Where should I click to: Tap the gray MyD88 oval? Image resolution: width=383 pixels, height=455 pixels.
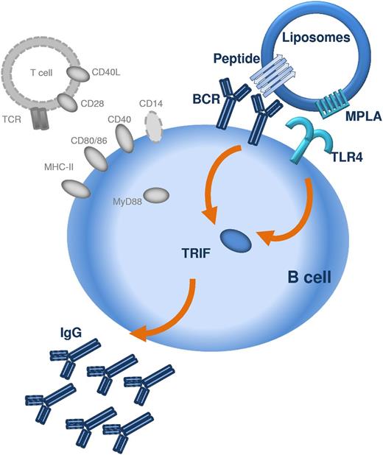(156, 195)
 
